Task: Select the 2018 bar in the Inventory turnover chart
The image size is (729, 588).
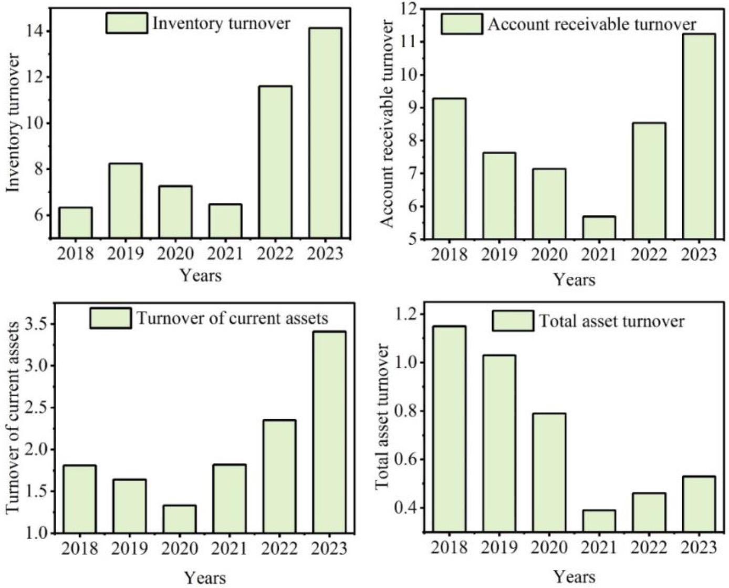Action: [76, 222]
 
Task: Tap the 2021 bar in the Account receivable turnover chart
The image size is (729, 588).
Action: [599, 228]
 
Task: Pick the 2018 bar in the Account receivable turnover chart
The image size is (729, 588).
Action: [449, 168]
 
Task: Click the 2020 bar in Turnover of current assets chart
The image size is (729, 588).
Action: [180, 519]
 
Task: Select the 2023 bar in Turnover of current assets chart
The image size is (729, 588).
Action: [329, 432]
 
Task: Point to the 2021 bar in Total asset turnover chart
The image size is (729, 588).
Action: [599, 521]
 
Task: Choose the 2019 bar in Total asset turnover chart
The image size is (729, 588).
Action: [499, 443]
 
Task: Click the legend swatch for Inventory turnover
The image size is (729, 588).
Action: [127, 23]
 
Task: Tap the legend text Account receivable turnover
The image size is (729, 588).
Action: [592, 24]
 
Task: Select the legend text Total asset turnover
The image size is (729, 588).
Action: [612, 321]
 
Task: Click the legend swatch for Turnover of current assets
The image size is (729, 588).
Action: [110, 318]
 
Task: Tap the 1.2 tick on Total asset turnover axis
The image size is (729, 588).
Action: [404, 314]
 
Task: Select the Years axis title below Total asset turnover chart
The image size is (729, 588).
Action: [574, 576]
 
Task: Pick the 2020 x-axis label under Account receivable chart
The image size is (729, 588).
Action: [549, 255]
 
